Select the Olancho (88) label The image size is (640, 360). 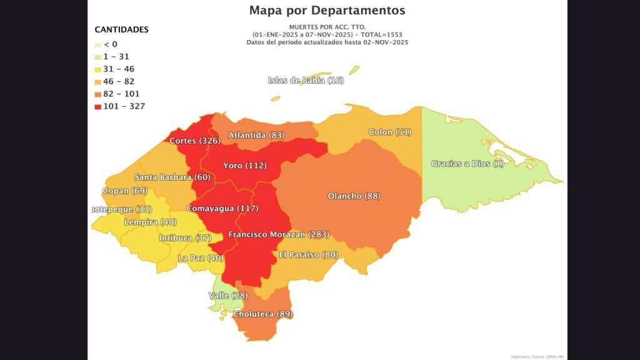354,196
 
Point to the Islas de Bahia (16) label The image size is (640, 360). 306,80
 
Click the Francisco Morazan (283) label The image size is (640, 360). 278,234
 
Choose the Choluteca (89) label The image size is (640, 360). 262,314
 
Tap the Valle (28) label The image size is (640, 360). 227,295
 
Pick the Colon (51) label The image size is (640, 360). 390,132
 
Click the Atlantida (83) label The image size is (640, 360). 256,135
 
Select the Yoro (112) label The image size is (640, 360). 245,166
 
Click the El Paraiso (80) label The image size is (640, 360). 308,254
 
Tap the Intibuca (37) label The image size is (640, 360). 185,238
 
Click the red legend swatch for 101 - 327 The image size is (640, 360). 97,106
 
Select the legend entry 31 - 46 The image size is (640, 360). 119,69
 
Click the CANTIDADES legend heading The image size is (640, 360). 121,29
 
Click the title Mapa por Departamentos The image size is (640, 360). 327,10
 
